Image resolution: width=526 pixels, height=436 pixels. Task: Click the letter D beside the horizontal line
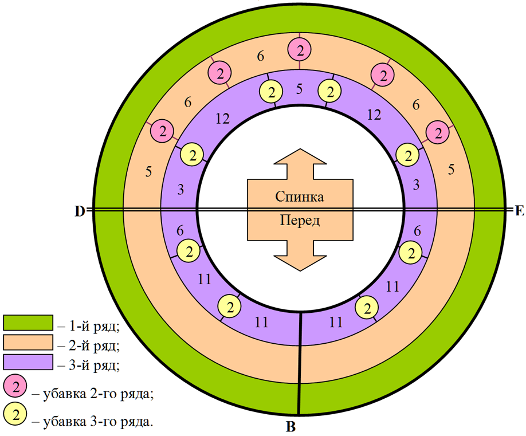80,211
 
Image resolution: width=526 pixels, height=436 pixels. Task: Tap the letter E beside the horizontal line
519,211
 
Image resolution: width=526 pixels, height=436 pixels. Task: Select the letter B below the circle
291,426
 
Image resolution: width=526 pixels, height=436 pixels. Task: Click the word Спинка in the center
300,197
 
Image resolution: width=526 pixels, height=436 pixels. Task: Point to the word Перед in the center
300,221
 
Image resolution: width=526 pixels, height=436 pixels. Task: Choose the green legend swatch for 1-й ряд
28,323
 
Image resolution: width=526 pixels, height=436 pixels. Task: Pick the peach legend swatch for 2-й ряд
28,343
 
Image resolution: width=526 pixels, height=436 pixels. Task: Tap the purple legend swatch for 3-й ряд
28,362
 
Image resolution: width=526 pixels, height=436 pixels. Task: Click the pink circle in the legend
15,387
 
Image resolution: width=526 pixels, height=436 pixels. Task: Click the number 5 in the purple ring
300,89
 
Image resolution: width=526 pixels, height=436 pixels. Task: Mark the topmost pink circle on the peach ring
300,50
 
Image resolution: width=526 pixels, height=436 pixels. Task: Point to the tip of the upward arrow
300,149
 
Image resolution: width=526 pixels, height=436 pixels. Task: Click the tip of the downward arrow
300,270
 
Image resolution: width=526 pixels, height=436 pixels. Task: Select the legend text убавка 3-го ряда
98,422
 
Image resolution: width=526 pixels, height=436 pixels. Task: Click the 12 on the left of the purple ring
223,119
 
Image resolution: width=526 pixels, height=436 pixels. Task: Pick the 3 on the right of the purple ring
416,185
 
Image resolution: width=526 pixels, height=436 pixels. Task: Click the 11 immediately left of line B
261,323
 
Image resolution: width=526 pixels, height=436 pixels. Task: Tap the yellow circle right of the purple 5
330,92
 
